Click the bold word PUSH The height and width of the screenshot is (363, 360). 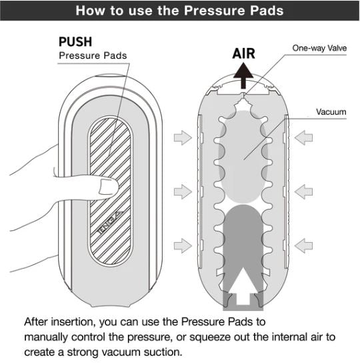[x=75, y=41]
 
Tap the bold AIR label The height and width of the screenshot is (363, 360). [x=243, y=53]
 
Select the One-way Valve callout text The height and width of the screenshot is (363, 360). [x=319, y=48]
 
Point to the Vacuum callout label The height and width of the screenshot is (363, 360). [x=331, y=112]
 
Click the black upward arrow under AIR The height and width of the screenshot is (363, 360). [x=243, y=75]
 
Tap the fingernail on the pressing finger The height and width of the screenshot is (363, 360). [x=108, y=187]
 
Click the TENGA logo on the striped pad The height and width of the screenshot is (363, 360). [x=109, y=222]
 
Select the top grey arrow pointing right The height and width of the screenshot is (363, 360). [x=183, y=137]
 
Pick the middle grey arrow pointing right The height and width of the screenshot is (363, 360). [x=183, y=192]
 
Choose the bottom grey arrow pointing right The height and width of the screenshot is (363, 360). [x=183, y=246]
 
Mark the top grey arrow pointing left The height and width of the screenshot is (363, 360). [x=303, y=137]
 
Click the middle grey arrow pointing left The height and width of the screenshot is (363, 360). [x=303, y=192]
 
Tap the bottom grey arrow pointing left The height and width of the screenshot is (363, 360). [x=303, y=246]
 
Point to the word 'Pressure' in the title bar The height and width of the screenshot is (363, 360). [x=213, y=11]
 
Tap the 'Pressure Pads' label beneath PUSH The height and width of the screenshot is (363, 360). [x=93, y=55]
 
